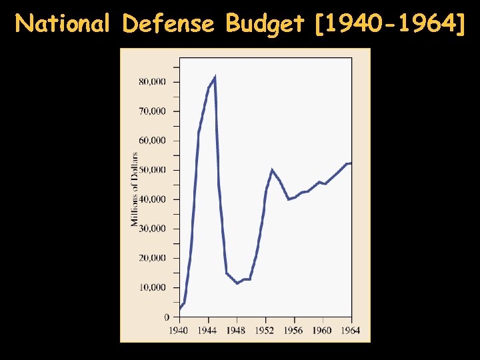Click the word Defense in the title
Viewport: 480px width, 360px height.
click(169, 24)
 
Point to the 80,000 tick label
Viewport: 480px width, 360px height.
click(153, 82)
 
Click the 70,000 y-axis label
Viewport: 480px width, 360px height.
click(153, 111)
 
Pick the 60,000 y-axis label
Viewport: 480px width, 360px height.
click(153, 141)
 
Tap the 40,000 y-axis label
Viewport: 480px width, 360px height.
click(153, 199)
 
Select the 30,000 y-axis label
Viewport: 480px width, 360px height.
click(153, 229)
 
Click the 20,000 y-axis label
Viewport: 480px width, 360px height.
click(153, 258)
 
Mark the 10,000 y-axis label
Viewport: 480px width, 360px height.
click(153, 287)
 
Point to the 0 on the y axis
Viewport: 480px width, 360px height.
click(167, 317)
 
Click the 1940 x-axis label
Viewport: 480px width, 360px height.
click(179, 330)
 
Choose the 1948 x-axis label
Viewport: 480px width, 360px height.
click(236, 330)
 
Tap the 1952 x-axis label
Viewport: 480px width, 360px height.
click(265, 330)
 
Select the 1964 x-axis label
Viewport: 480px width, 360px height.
click(351, 330)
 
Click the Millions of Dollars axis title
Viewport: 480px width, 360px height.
click(135, 189)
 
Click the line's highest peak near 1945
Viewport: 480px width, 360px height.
click(215, 77)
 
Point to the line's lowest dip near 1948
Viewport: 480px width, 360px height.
click(237, 283)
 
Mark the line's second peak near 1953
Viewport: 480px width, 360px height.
click(272, 170)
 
